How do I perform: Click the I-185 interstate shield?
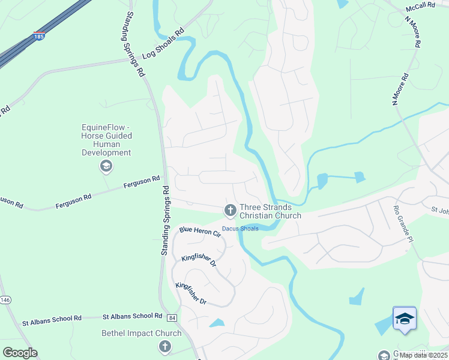pyautogui.click(x=39, y=36)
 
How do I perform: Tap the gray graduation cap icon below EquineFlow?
pyautogui.click(x=106, y=166)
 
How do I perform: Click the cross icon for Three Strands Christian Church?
pyautogui.click(x=229, y=210)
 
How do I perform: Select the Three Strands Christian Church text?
pyautogui.click(x=270, y=211)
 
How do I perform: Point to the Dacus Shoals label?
pyautogui.click(x=240, y=229)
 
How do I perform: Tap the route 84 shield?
pyautogui.click(x=172, y=317)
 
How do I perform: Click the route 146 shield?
pyautogui.click(x=5, y=300)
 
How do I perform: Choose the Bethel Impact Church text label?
pyautogui.click(x=141, y=334)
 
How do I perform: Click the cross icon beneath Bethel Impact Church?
pyautogui.click(x=164, y=346)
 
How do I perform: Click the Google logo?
pyautogui.click(x=20, y=352)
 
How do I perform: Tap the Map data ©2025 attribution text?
pyautogui.click(x=423, y=355)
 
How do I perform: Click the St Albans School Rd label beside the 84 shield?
pyautogui.click(x=132, y=316)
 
